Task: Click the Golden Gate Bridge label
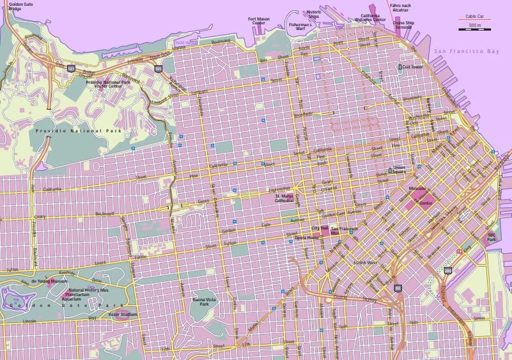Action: pyautogui.click(x=20, y=6)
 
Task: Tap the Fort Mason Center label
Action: pyautogui.click(x=259, y=21)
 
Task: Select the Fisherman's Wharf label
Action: pyautogui.click(x=300, y=26)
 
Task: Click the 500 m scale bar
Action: pyautogui.click(x=474, y=29)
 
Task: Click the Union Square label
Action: pyautogui.click(x=400, y=172)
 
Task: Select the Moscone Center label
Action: pyautogui.click(x=419, y=196)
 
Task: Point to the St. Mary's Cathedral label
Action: pyautogui.click(x=284, y=198)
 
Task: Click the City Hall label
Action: pyautogui.click(x=319, y=228)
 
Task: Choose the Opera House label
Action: pyautogui.click(x=307, y=237)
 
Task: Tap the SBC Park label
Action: pyautogui.click(x=492, y=237)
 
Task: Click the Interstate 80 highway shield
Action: pyautogui.click(x=398, y=288)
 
